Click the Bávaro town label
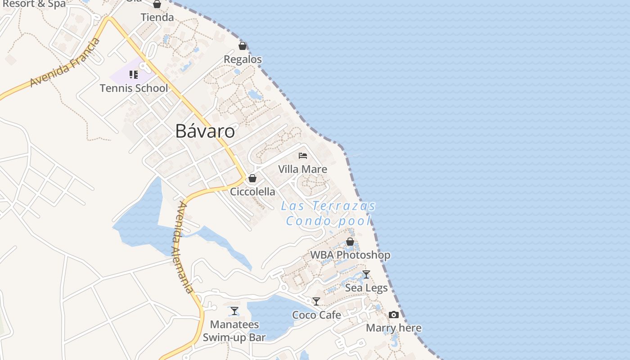click(205, 131)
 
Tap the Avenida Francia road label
click(65, 63)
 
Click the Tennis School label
click(134, 88)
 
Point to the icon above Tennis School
click(134, 74)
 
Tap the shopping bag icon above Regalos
click(243, 46)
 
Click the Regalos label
click(243, 59)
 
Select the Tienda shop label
click(157, 18)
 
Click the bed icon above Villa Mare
click(303, 156)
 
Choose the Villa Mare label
click(303, 169)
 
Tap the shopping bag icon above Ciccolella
click(252, 178)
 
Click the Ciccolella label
click(252, 192)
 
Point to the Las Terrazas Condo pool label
click(328, 213)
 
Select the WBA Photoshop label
click(350, 255)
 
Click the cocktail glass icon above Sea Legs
click(366, 274)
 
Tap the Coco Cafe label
click(316, 315)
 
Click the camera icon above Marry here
click(394, 315)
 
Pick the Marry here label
click(394, 328)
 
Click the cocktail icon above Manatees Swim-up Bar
click(234, 310)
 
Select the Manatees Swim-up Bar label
click(234, 331)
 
